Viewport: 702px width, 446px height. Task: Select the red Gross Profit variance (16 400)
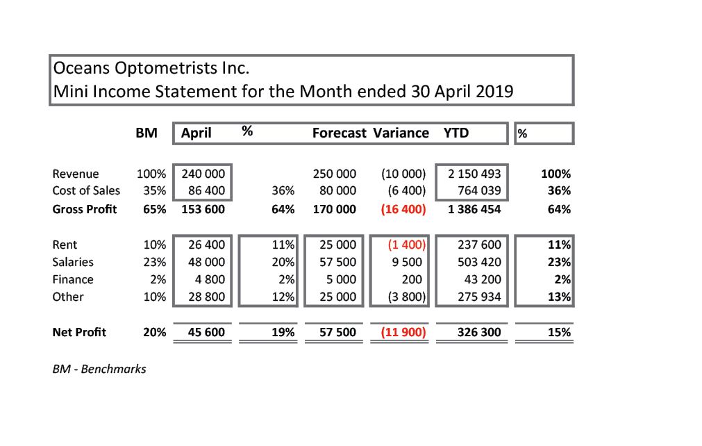(x=403, y=209)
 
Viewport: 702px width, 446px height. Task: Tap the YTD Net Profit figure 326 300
(x=479, y=332)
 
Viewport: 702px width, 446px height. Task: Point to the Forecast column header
(x=340, y=133)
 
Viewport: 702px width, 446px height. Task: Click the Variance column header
(x=401, y=133)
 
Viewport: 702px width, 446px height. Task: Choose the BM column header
(x=146, y=133)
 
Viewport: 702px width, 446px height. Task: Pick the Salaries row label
(x=73, y=262)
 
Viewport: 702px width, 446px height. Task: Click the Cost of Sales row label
(x=86, y=190)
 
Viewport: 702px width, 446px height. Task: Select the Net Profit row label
(x=79, y=332)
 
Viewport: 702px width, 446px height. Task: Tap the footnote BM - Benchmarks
(x=99, y=369)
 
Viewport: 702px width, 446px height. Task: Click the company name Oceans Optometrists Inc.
(x=151, y=69)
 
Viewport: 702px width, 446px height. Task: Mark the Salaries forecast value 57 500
(x=337, y=262)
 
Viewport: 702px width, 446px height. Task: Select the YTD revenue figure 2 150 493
(x=471, y=174)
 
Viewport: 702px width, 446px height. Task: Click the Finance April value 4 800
(x=211, y=279)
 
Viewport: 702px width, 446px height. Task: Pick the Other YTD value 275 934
(x=479, y=297)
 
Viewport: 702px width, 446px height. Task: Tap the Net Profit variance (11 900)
(x=403, y=332)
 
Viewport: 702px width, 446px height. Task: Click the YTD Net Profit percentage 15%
(x=559, y=332)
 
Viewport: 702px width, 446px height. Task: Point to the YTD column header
(x=456, y=133)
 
